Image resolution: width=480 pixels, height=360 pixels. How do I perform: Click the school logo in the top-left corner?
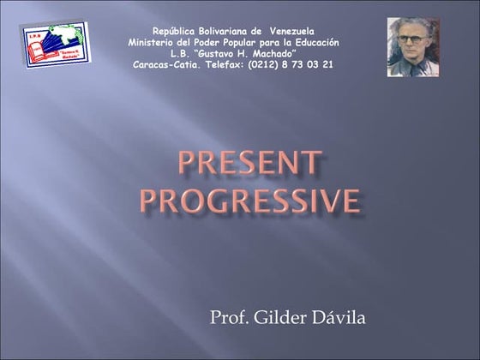coord(49,45)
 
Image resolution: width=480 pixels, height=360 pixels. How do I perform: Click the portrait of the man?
coord(412,47)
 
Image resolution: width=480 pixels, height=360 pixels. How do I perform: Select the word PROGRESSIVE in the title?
coord(249,200)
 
